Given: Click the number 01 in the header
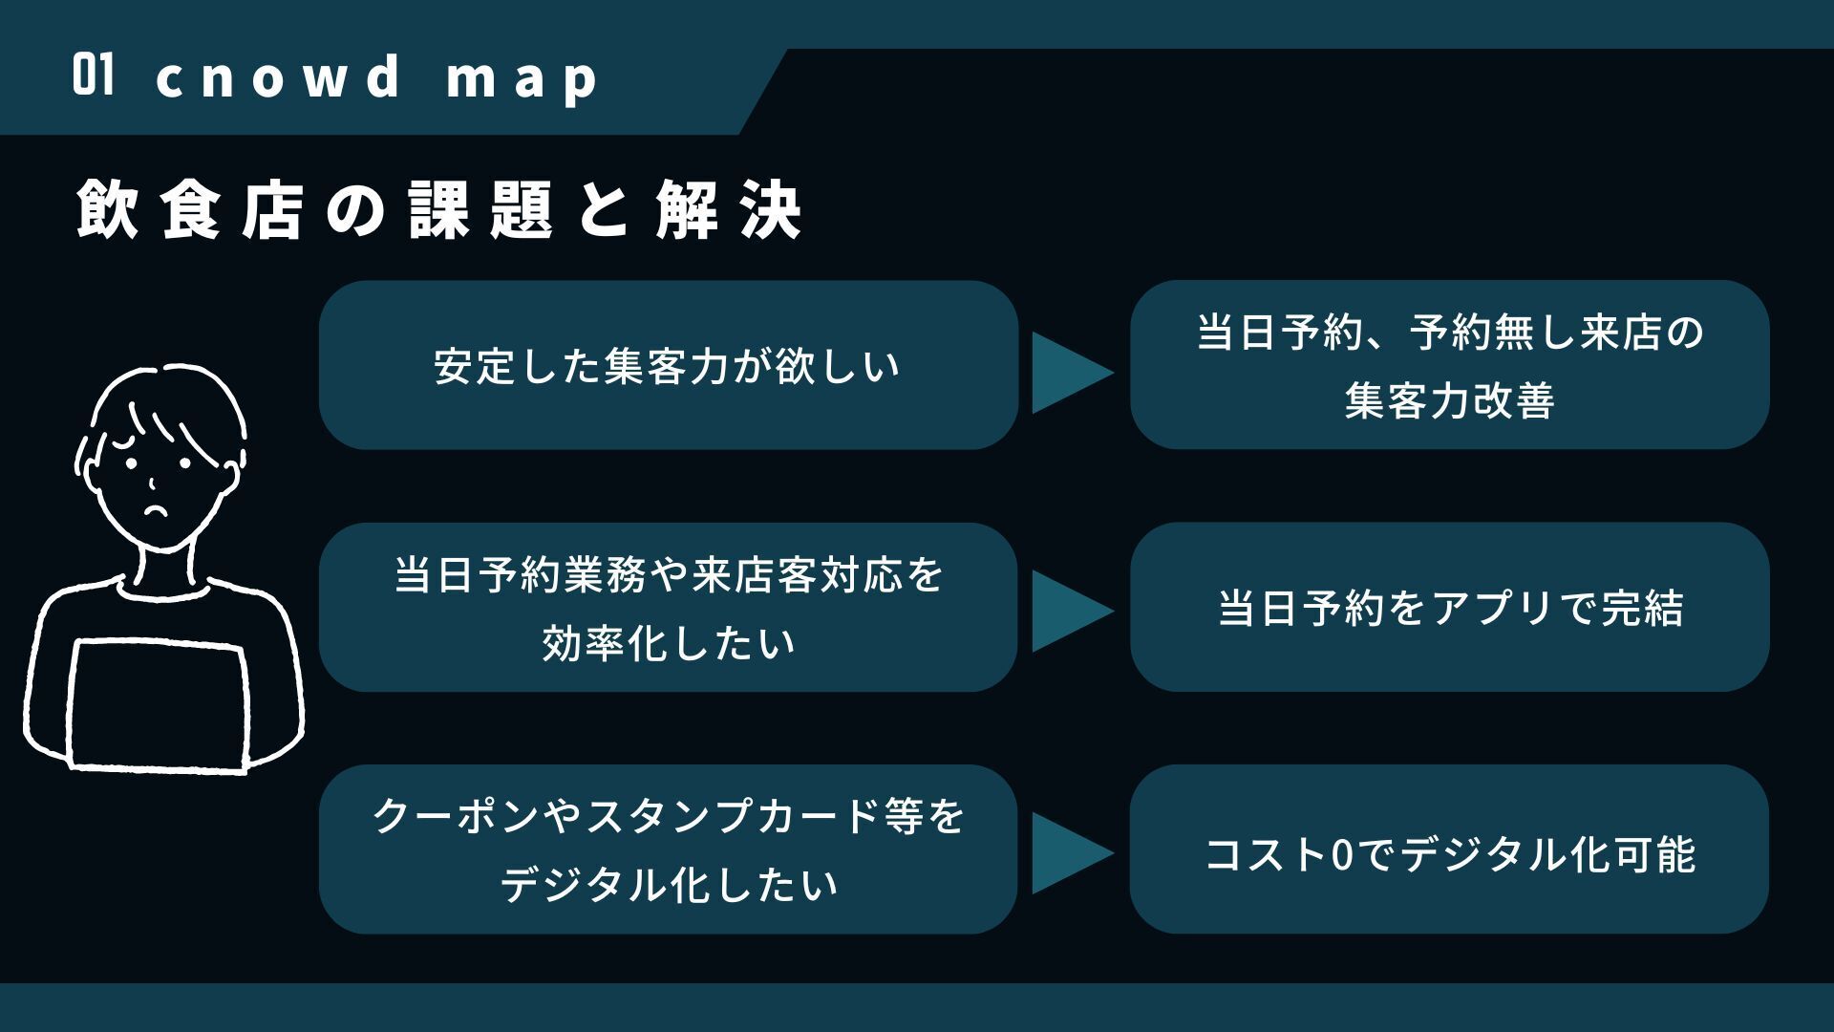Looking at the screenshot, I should click(x=93, y=76).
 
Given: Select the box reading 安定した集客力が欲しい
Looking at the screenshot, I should click(x=668, y=365).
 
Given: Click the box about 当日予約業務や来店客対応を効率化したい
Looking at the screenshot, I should click(x=668, y=608).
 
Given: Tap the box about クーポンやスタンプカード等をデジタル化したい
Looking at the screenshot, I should click(x=668, y=849).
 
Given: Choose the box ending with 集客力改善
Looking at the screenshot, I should click(x=1449, y=365).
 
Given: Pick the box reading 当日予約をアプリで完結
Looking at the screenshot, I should click(x=1449, y=608).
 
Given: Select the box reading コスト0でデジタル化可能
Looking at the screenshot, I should click(x=1449, y=849).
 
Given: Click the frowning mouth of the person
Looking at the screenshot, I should click(x=154, y=509).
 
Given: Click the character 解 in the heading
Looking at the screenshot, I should click(x=686, y=208).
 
